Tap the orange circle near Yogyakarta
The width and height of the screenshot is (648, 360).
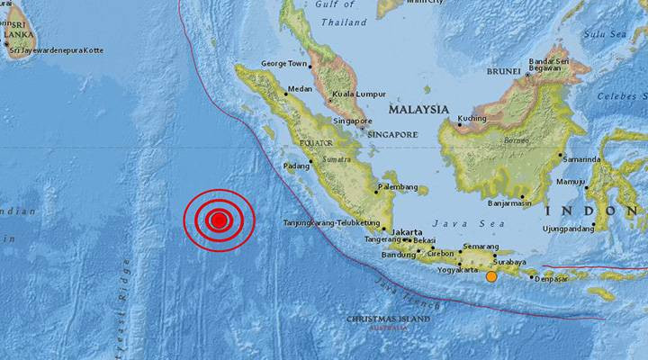point(491,276)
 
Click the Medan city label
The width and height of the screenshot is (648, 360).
point(299,90)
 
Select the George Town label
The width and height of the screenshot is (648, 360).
point(284,64)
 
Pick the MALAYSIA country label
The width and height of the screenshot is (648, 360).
point(418,109)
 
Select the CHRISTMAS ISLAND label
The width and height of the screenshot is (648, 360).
point(389,319)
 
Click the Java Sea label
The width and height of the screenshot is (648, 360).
point(455,222)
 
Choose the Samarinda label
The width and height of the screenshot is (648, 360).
point(581,158)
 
